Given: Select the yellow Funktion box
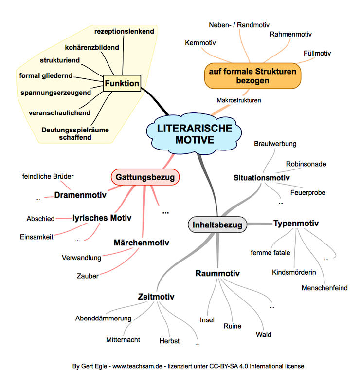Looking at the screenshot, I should coord(122,84).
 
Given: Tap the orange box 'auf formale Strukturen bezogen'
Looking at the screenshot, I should coord(252,76).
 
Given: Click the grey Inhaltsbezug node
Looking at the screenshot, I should coord(217,225).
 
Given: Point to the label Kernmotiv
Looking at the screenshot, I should coord(200,43).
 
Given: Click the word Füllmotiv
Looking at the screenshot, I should coord(317,52).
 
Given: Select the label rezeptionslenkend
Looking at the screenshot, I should coord(124,31).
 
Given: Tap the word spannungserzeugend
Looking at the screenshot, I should coord(55,92).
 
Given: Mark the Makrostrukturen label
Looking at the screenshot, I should coord(239,100).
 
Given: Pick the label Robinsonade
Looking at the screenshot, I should coord(306,164).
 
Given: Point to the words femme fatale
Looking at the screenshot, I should coord(270,253).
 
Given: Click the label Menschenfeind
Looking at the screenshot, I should coord(324,288).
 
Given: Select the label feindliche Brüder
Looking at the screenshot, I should coord(48,176).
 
